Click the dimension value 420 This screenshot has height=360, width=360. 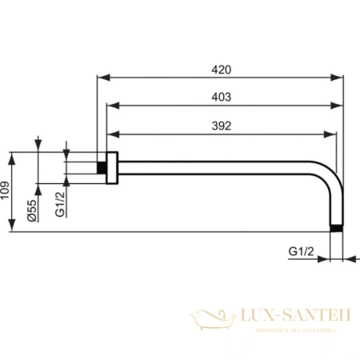point(222,70)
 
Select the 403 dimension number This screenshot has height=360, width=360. point(222,97)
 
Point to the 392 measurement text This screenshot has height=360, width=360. point(222,126)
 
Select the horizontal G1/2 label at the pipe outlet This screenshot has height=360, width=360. point(300,252)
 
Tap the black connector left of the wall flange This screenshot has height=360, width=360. point(102,167)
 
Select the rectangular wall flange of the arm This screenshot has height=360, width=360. point(113,167)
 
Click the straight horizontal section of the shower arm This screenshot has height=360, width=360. point(216,167)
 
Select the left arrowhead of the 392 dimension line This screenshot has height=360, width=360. point(112,134)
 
